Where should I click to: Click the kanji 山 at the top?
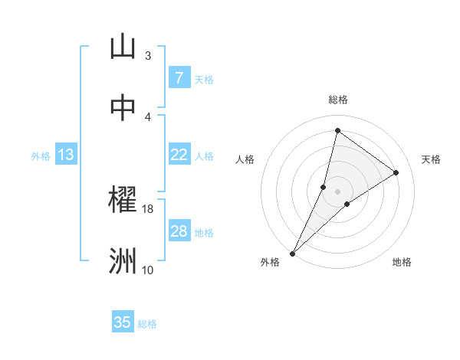coord(123,47)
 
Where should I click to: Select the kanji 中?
coord(123,108)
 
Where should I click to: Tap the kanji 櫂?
coord(123,201)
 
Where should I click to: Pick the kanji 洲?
coord(123,261)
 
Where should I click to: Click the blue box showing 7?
coord(179,78)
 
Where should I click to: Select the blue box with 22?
coord(179,155)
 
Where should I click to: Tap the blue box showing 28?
coord(179,231)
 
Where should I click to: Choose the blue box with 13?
coord(66,155)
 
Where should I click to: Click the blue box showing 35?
coord(123,322)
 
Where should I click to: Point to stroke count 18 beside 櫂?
coord(148,208)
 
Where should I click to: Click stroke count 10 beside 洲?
coord(148,270)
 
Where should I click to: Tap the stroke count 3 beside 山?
coord(148,55)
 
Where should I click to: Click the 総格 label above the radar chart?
coord(337,100)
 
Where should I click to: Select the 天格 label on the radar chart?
coord(432,159)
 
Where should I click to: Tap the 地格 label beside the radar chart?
coord(402,263)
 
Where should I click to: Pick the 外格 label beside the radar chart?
coord(270,263)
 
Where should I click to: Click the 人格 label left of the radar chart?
coord(245,159)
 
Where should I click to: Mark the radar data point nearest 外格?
coord(292,253)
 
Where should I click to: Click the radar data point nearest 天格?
coord(396,172)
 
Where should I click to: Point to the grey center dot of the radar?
coord(337,191)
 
